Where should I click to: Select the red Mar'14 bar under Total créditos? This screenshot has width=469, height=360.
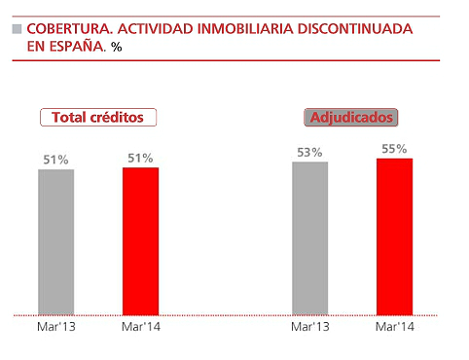click(x=140, y=240)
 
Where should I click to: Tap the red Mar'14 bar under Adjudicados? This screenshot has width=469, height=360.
click(x=394, y=236)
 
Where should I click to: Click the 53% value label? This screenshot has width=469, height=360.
click(x=309, y=152)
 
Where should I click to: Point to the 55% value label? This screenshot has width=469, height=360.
click(x=394, y=148)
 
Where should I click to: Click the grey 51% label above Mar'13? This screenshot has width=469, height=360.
click(x=56, y=160)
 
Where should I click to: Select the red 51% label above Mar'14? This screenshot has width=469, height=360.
click(x=140, y=158)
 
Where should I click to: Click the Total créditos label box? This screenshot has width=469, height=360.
click(x=97, y=117)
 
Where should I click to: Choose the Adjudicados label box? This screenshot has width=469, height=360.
click(x=351, y=117)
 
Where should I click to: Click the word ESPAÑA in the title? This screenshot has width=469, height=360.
click(x=75, y=46)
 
